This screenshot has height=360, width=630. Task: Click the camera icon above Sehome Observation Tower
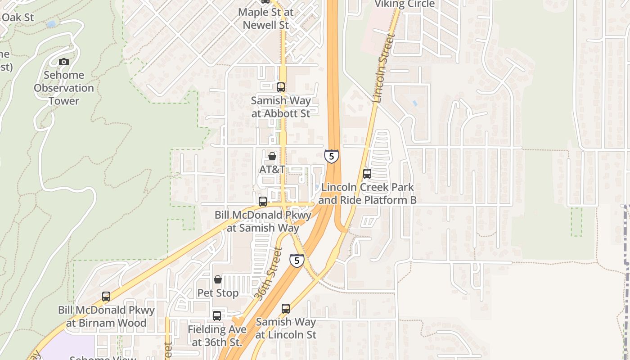click(x=64, y=62)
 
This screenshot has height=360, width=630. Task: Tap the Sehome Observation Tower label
click(x=64, y=88)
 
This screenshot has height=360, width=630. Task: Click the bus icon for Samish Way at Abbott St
click(x=281, y=87)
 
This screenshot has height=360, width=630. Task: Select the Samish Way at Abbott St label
click(x=281, y=107)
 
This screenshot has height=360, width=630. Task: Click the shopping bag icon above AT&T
click(x=272, y=156)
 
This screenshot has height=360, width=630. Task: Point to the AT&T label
click(x=272, y=169)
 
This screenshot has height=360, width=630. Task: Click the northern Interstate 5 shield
click(x=332, y=156)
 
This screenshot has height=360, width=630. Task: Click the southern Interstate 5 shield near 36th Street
click(x=297, y=260)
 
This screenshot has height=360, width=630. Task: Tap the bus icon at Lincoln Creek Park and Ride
click(x=367, y=174)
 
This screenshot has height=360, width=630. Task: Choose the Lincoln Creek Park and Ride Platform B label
click(x=367, y=193)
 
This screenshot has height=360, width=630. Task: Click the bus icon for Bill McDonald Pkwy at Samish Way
click(x=263, y=202)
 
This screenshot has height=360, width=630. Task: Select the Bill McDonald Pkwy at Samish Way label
click(x=263, y=221)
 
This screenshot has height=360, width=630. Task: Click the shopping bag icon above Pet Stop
click(x=218, y=279)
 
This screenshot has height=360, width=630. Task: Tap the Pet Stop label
click(x=218, y=293)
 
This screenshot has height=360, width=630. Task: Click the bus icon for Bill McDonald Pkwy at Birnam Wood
click(x=106, y=297)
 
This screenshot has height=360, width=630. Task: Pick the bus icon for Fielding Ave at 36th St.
click(x=217, y=316)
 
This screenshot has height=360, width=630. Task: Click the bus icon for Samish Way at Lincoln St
click(x=286, y=309)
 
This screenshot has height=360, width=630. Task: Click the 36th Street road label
click(x=269, y=274)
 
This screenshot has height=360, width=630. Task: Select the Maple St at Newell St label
click(x=265, y=18)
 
